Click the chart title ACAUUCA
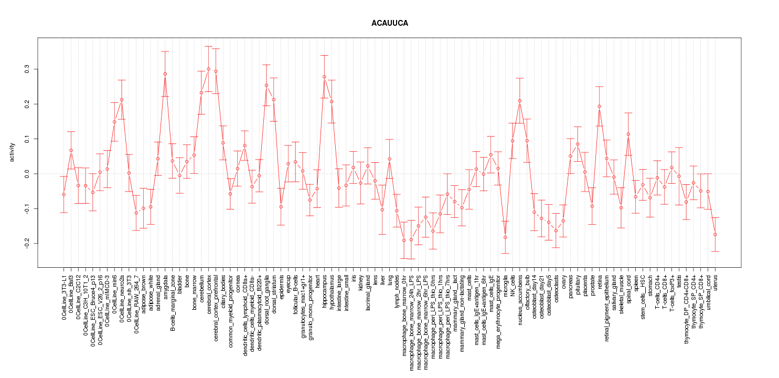(389, 24)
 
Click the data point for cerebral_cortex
(209, 69)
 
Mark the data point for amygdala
(165, 74)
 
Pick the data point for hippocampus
(324, 77)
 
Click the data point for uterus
(715, 235)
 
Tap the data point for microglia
(505, 237)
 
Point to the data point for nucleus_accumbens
(520, 101)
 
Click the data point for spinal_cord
(628, 134)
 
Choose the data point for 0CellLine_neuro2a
(122, 100)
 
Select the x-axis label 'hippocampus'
(325, 291)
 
